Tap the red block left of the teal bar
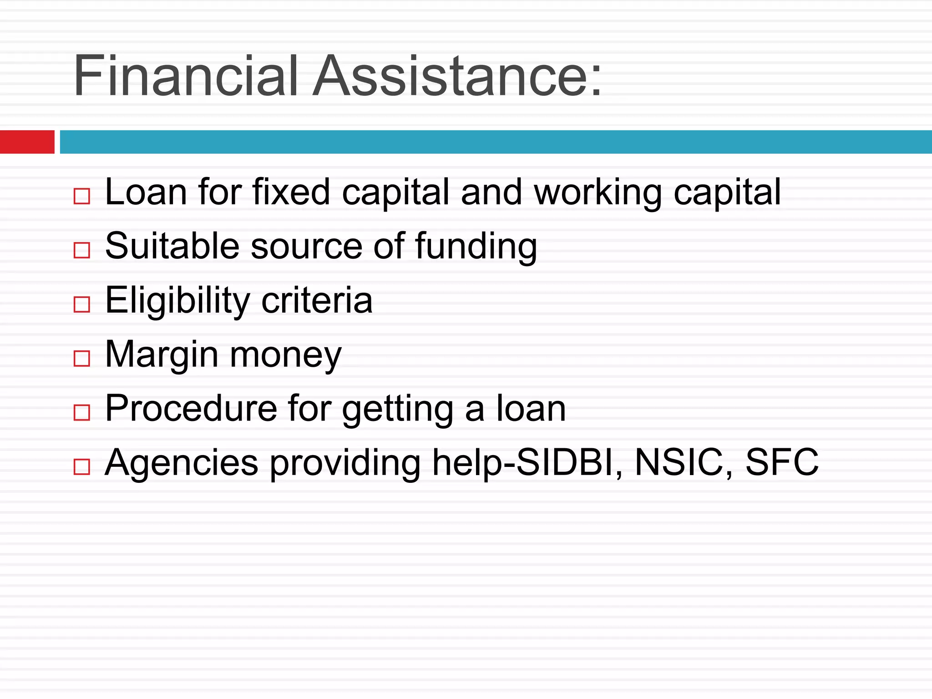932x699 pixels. pyautogui.click(x=27, y=142)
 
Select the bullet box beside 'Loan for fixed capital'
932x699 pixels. pyautogui.click(x=82, y=197)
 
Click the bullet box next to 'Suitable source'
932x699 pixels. pyautogui.click(x=82, y=250)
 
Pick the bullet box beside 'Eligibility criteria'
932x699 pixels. pyautogui.click(x=82, y=304)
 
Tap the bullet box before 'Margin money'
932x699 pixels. pyautogui.click(x=82, y=359)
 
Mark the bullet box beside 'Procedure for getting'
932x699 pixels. pyautogui.click(x=82, y=413)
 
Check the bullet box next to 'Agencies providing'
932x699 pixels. pyautogui.click(x=82, y=467)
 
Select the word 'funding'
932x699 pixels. pyautogui.click(x=476, y=247)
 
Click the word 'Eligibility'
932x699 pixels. pyautogui.click(x=177, y=301)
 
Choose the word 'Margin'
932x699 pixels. pyautogui.click(x=162, y=355)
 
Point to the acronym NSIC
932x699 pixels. pyautogui.click(x=678, y=462)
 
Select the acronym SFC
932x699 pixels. pyautogui.click(x=782, y=462)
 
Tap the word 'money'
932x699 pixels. pyautogui.click(x=286, y=355)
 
